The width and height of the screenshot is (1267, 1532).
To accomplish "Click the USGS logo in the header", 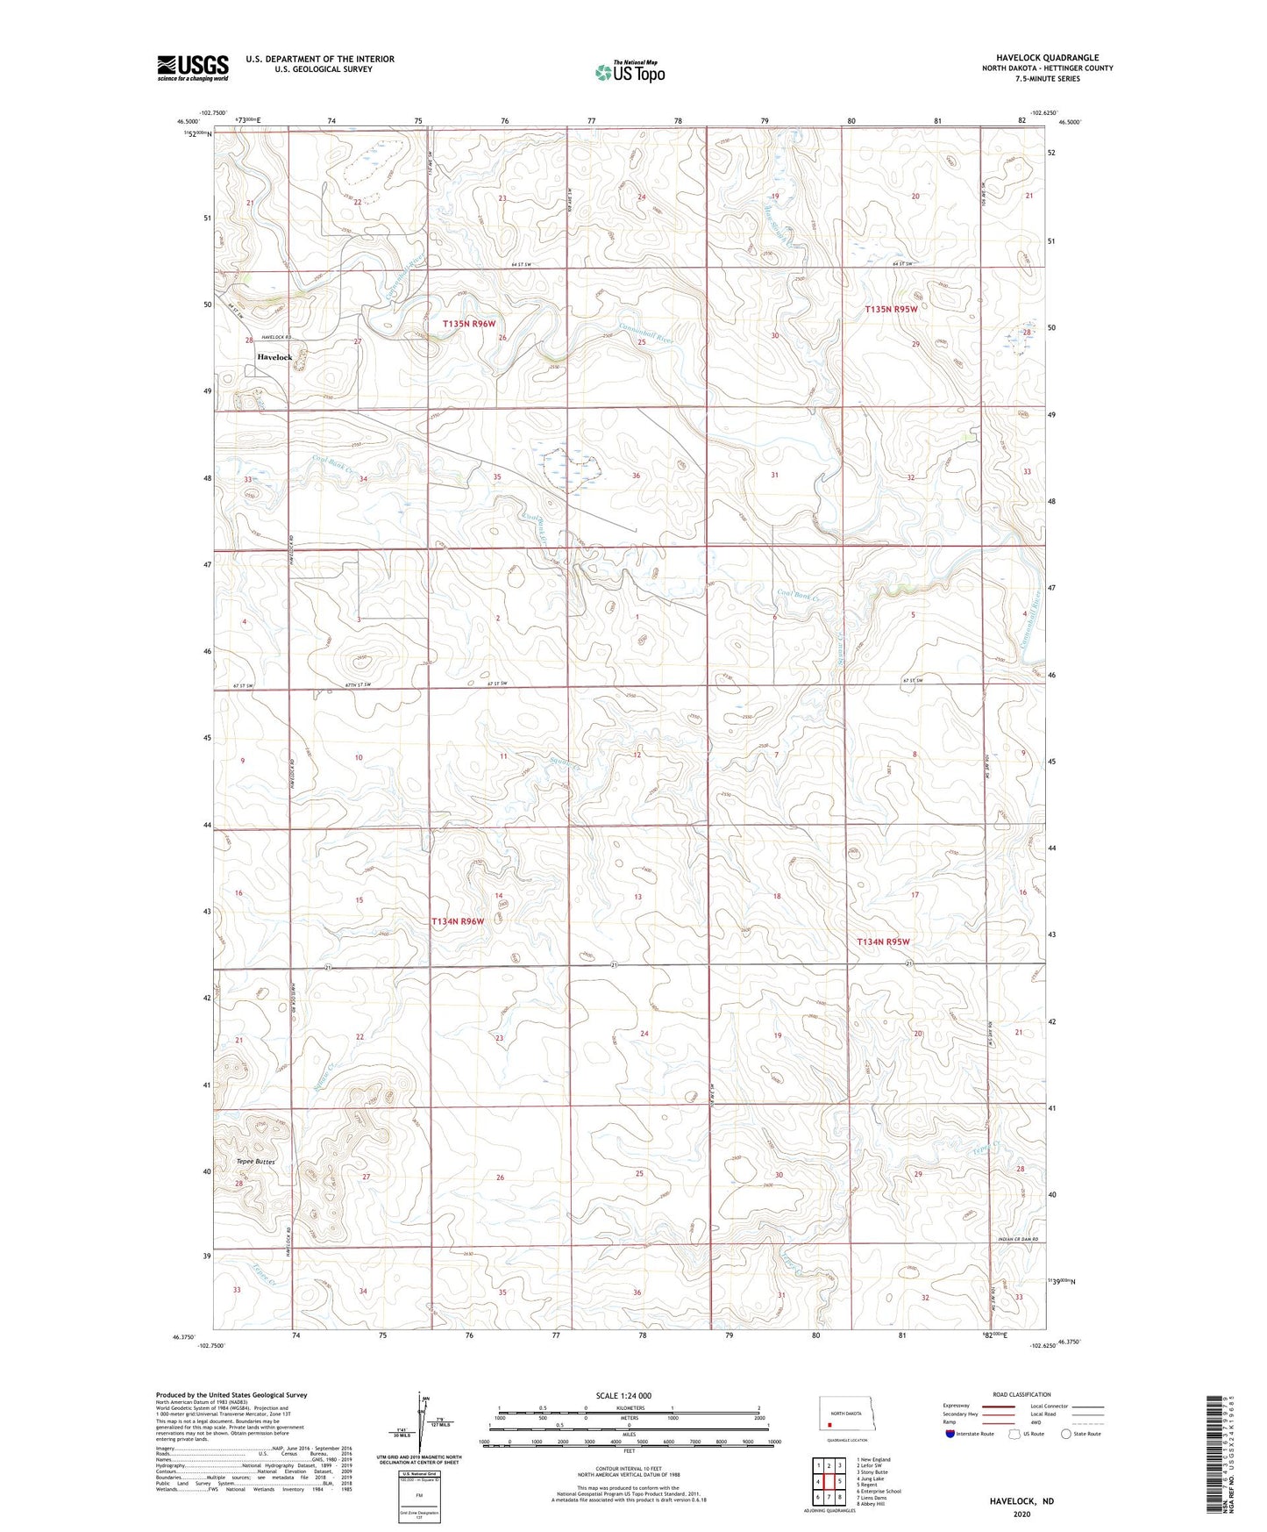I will (193, 67).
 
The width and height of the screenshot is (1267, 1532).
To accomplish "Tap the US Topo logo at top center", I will (630, 71).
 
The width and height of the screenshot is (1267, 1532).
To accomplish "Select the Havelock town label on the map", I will (274, 357).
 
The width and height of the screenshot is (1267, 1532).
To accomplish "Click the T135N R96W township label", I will (469, 324).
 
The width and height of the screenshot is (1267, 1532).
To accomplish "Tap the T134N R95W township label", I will (883, 941).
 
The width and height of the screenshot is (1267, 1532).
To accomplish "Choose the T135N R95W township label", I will (891, 309).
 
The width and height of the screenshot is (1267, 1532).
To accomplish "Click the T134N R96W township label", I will (458, 921).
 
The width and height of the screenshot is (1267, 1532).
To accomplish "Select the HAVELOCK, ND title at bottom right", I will (1021, 1501).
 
